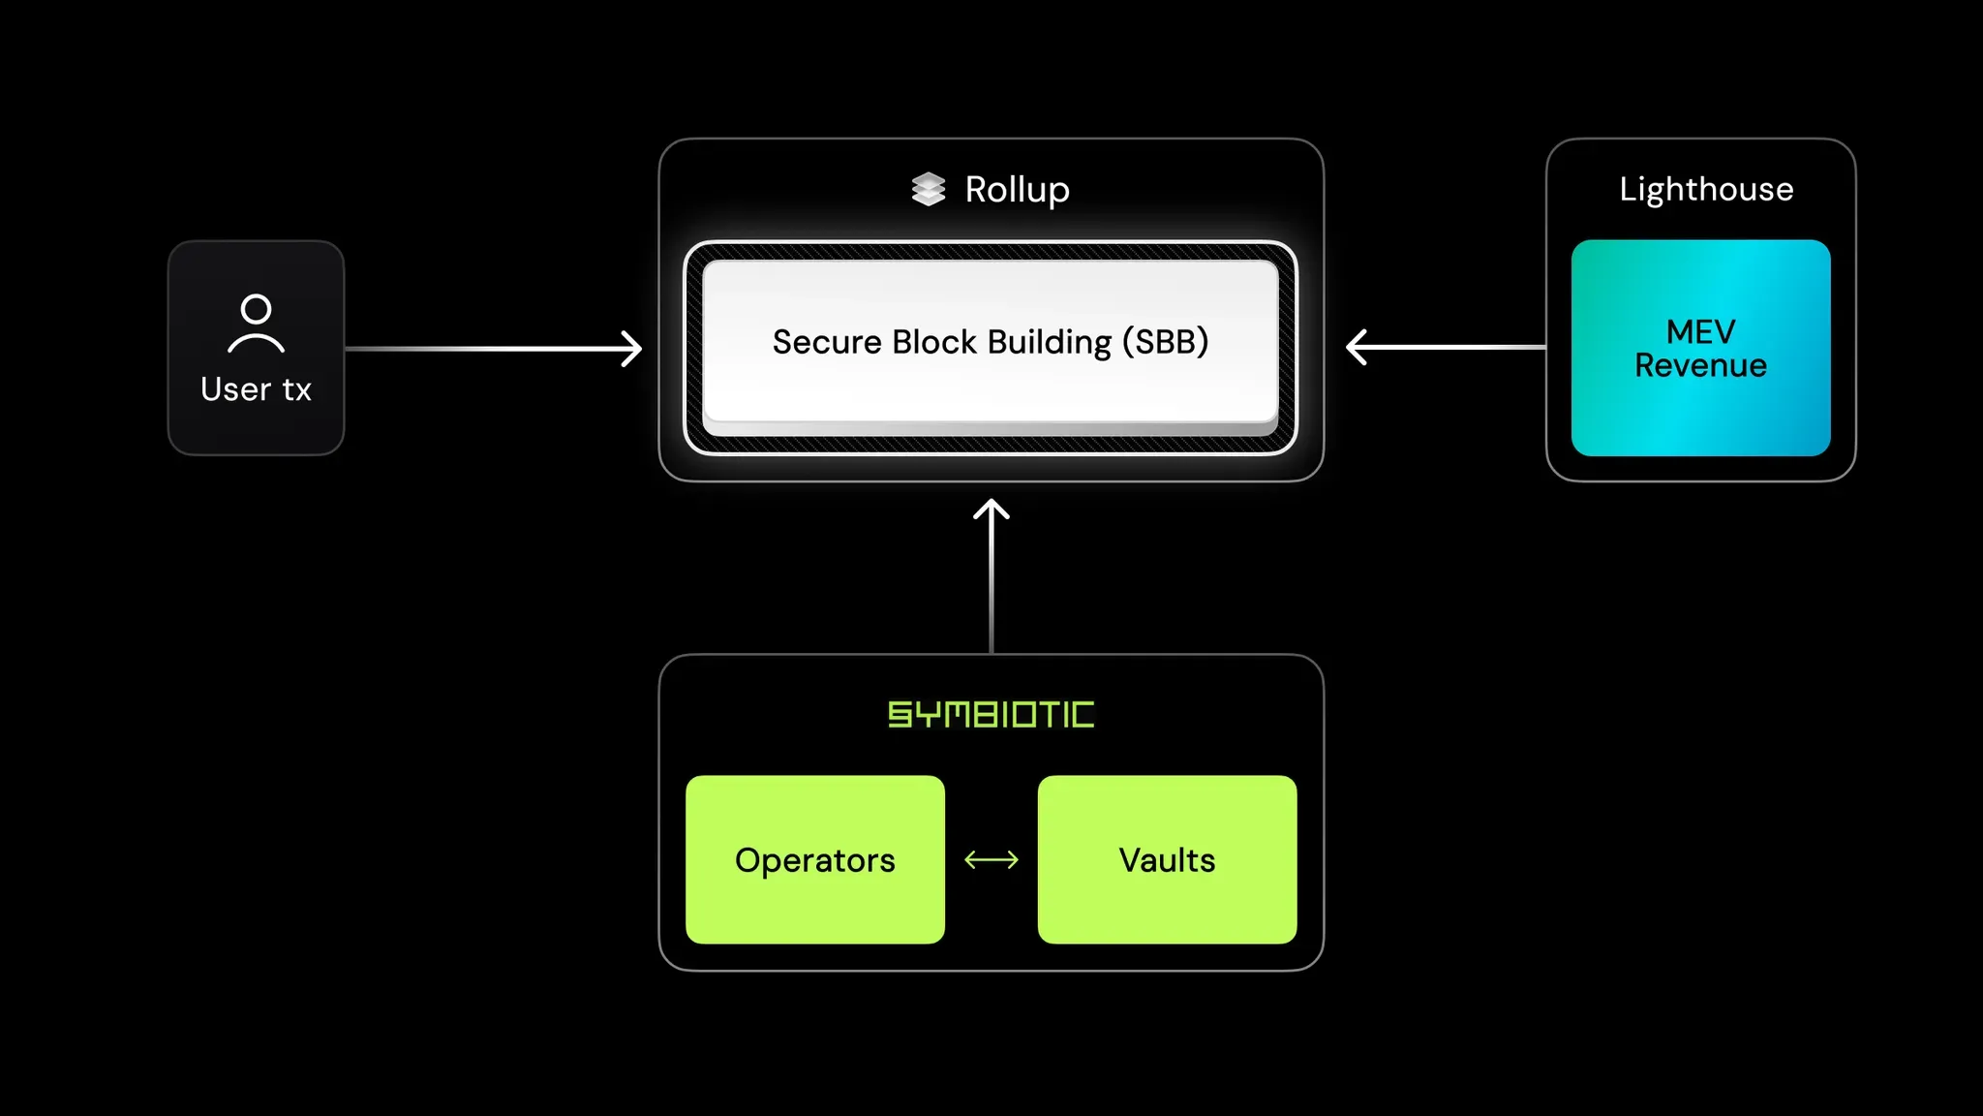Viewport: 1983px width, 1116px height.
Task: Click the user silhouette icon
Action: [256, 324]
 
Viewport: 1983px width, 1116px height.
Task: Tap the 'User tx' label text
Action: [256, 389]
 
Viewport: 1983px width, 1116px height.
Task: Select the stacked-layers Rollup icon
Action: [928, 189]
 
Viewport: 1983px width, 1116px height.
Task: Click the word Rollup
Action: [1017, 190]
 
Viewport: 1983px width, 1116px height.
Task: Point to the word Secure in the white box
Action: [827, 342]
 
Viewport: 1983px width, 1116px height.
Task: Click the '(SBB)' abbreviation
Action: [1165, 342]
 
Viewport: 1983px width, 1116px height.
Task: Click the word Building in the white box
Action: [1050, 343]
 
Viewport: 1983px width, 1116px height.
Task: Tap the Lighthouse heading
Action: [1706, 189]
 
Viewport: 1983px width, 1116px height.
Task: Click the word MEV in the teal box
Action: [1700, 331]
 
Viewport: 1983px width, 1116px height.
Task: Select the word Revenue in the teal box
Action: [1700, 366]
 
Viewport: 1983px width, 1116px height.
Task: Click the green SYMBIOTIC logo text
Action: [991, 715]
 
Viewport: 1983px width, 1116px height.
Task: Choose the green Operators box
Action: [814, 859]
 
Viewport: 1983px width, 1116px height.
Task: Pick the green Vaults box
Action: [1167, 859]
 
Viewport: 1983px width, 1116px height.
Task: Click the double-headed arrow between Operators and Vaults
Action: [991, 859]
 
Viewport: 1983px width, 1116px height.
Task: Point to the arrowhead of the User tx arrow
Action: [632, 349]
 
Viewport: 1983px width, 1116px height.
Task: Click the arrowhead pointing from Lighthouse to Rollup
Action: [1356, 347]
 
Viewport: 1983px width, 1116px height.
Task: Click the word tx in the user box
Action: [296, 390]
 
